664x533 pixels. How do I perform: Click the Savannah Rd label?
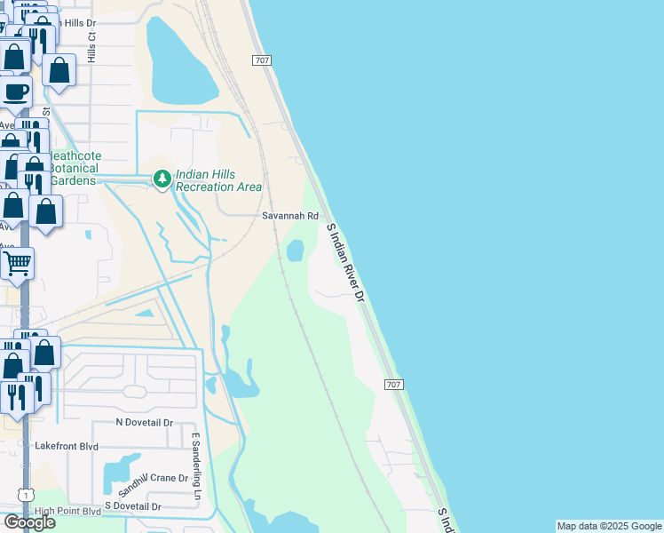point(289,216)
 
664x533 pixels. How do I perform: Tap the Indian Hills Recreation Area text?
point(218,181)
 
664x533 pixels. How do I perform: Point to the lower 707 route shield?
point(395,385)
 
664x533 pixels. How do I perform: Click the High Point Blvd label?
point(67,512)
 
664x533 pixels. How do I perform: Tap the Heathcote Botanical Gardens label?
point(74,168)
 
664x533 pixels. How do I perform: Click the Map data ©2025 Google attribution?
point(609,526)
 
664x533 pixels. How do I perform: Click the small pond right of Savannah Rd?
point(295,251)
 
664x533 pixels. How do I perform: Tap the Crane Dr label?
point(170,478)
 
